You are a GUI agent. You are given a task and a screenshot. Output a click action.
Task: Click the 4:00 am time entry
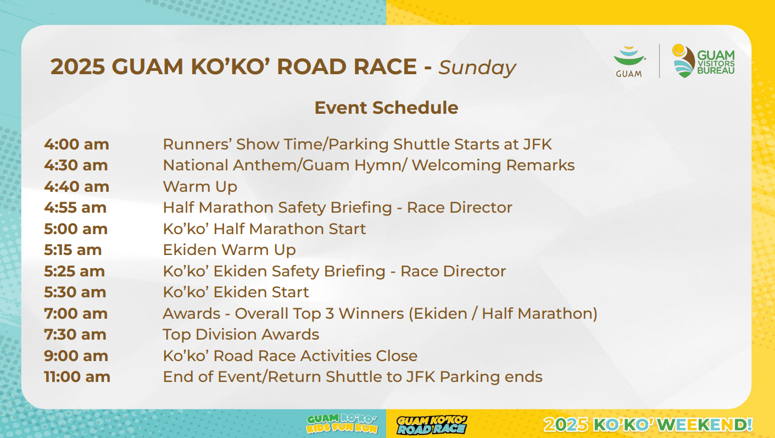point(76,145)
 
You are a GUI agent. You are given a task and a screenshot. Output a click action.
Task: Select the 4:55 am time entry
point(75,208)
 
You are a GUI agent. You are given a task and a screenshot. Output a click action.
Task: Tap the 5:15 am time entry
point(73,250)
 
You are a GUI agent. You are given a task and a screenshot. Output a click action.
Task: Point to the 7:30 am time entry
point(75,335)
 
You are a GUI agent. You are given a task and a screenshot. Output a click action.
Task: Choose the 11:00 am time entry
point(77,376)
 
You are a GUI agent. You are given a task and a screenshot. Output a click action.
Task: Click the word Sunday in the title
point(477,68)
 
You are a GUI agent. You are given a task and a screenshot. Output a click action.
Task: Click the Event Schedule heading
point(386,108)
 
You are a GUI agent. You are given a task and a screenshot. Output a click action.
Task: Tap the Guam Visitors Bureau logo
point(704,61)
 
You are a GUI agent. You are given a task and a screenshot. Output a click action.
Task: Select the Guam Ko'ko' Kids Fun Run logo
point(342,424)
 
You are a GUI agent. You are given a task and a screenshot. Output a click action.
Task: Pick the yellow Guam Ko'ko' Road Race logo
point(432,425)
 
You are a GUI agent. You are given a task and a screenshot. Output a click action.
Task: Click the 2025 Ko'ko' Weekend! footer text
point(648,424)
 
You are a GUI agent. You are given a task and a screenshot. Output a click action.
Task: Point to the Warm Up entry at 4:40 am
point(200,187)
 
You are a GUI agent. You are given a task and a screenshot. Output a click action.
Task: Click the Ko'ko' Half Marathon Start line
point(264,229)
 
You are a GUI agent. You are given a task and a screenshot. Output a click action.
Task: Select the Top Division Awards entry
point(241,335)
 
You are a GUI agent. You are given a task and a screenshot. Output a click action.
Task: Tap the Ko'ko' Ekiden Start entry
point(236,292)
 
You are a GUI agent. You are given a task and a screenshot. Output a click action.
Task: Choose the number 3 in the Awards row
point(329,314)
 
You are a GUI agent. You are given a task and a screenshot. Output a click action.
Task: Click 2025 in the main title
point(77,66)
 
